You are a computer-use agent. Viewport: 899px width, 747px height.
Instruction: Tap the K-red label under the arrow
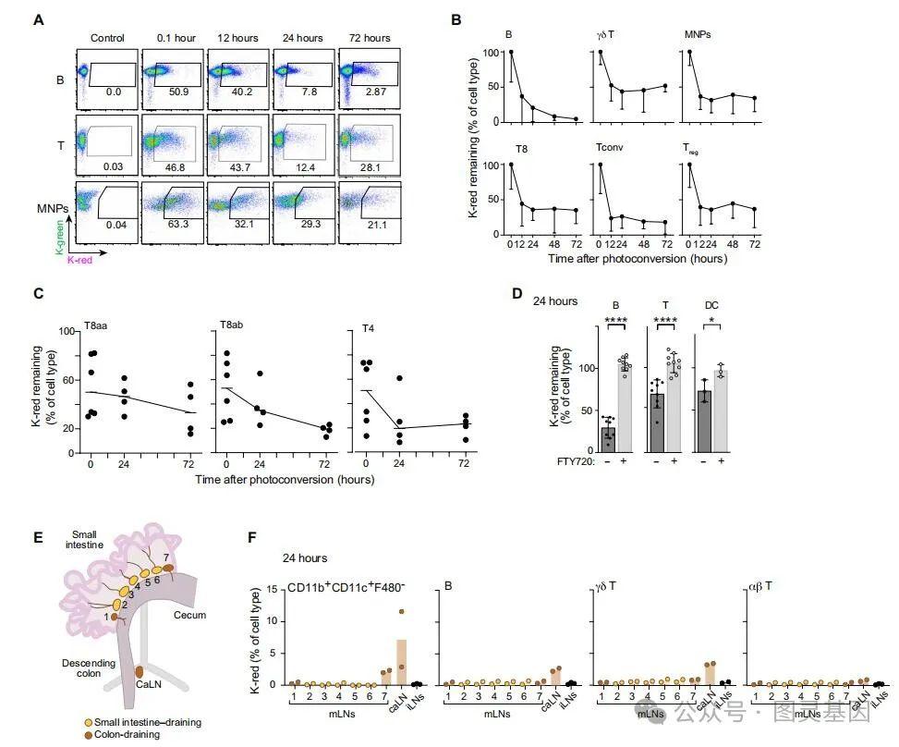(82, 261)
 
